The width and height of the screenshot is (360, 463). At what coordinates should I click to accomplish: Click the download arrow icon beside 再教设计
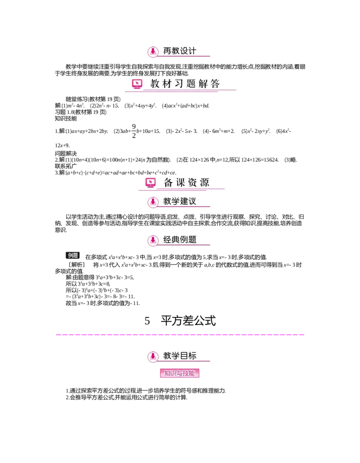(x=153, y=51)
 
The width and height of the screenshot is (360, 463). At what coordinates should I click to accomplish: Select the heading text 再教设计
(x=180, y=51)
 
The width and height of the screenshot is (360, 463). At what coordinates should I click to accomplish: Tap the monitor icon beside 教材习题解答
(x=137, y=84)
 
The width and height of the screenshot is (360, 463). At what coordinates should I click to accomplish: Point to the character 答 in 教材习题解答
(x=215, y=84)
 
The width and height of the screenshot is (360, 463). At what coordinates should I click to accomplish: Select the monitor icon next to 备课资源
(x=151, y=182)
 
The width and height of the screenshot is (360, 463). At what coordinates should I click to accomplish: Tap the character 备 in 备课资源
(x=168, y=182)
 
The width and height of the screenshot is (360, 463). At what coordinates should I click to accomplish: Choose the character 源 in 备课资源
(x=204, y=182)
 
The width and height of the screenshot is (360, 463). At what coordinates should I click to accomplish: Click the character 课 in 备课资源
(x=180, y=182)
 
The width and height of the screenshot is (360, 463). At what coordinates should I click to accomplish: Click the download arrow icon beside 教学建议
(x=153, y=202)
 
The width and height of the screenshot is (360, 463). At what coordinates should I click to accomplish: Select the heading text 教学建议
(x=180, y=201)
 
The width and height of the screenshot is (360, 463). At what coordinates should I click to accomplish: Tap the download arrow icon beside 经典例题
(x=153, y=240)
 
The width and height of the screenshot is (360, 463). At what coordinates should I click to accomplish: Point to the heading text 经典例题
(x=180, y=239)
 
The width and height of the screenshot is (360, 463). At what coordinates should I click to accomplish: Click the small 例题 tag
(x=73, y=255)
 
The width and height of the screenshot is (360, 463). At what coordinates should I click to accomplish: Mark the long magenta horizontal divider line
(x=180, y=335)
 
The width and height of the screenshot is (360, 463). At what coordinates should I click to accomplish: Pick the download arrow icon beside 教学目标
(x=153, y=356)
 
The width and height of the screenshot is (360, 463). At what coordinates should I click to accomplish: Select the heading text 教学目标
(x=180, y=356)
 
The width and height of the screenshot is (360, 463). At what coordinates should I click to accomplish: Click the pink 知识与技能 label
(x=180, y=373)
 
